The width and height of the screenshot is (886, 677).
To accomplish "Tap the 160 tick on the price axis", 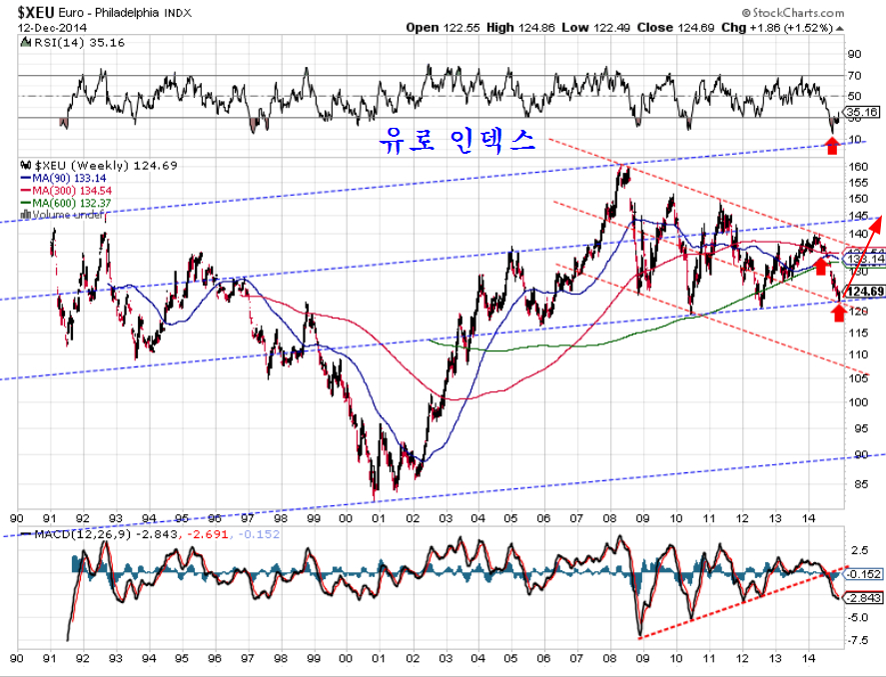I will click(857, 166).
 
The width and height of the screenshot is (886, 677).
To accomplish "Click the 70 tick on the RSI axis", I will click(855, 75).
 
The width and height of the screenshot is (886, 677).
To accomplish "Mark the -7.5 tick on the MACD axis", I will click(857, 641).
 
